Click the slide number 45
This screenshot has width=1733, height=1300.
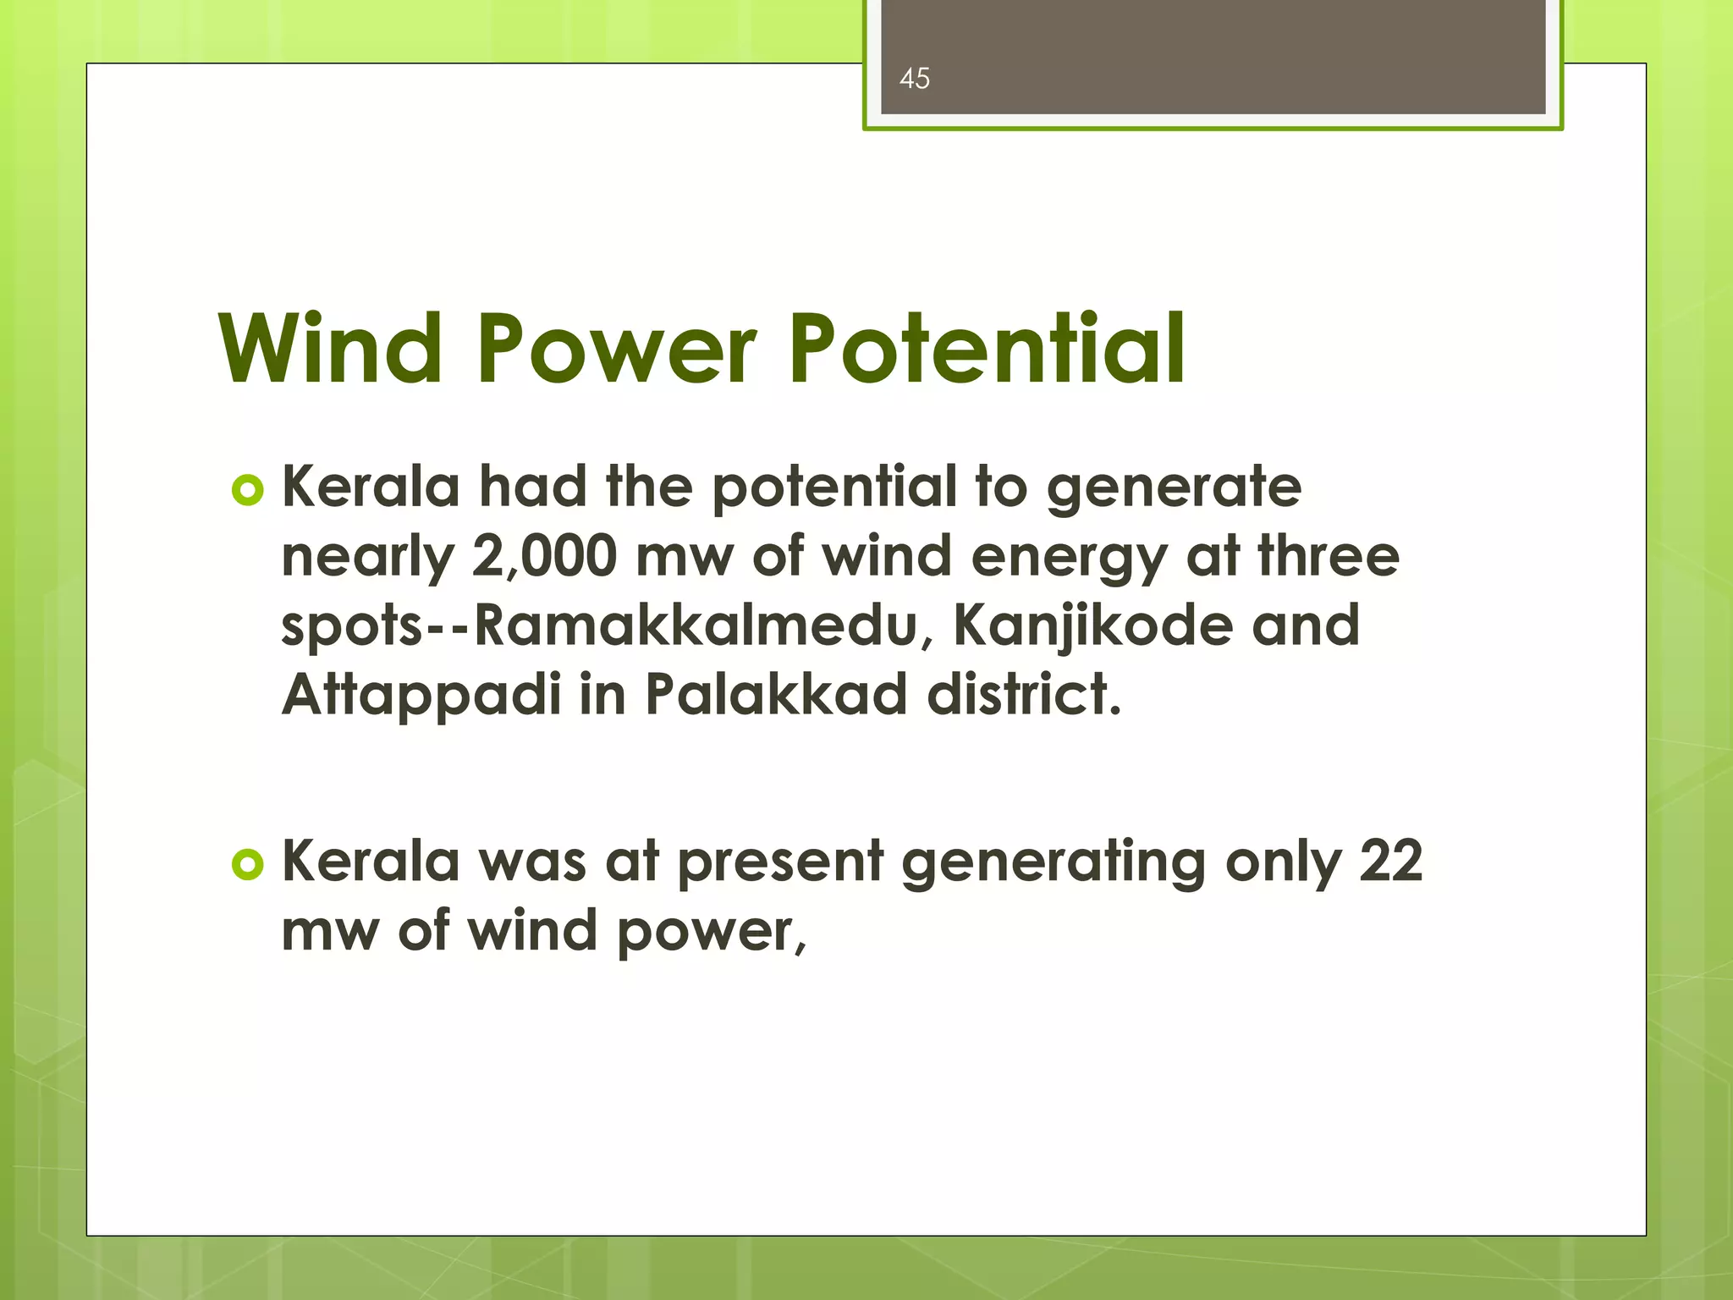pyautogui.click(x=914, y=79)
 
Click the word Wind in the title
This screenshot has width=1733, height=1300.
pyautogui.click(x=330, y=349)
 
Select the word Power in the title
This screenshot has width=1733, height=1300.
pyautogui.click(x=617, y=349)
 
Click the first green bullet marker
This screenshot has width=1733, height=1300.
pyautogui.click(x=247, y=490)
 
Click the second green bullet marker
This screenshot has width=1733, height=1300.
pyautogui.click(x=247, y=864)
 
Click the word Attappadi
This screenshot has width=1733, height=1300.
pyautogui.click(x=421, y=695)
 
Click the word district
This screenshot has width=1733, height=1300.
pyautogui.click(x=1024, y=695)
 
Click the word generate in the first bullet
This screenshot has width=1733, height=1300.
pyautogui.click(x=1174, y=490)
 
